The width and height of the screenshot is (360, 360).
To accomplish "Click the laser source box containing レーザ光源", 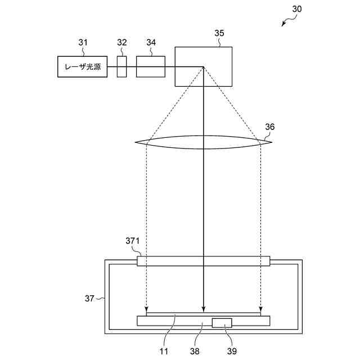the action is (83, 67).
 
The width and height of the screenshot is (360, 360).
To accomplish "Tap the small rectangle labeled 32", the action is (122, 67).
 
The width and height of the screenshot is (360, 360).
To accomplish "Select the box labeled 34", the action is (150, 67).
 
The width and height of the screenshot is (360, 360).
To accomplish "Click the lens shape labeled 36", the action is (204, 142).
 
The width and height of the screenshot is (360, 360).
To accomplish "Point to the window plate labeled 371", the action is (204, 261).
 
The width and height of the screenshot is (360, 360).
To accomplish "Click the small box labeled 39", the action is (222, 323).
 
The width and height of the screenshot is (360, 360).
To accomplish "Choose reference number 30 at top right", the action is (297, 9).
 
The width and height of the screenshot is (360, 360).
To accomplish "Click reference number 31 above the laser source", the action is (83, 43).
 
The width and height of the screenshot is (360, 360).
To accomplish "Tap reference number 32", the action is (122, 43).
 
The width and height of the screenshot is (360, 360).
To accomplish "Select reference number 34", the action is (151, 43).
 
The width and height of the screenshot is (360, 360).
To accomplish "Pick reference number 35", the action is (219, 33).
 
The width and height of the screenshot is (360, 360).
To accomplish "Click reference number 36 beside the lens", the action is (270, 127).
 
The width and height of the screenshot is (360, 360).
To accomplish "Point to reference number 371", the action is (132, 241).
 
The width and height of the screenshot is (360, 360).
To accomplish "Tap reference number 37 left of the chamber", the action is (90, 299).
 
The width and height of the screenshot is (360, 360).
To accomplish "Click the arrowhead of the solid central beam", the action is (203, 310).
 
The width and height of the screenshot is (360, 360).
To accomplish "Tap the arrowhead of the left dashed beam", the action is (146, 310).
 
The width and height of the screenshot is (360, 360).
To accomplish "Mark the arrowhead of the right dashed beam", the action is (260, 310).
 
